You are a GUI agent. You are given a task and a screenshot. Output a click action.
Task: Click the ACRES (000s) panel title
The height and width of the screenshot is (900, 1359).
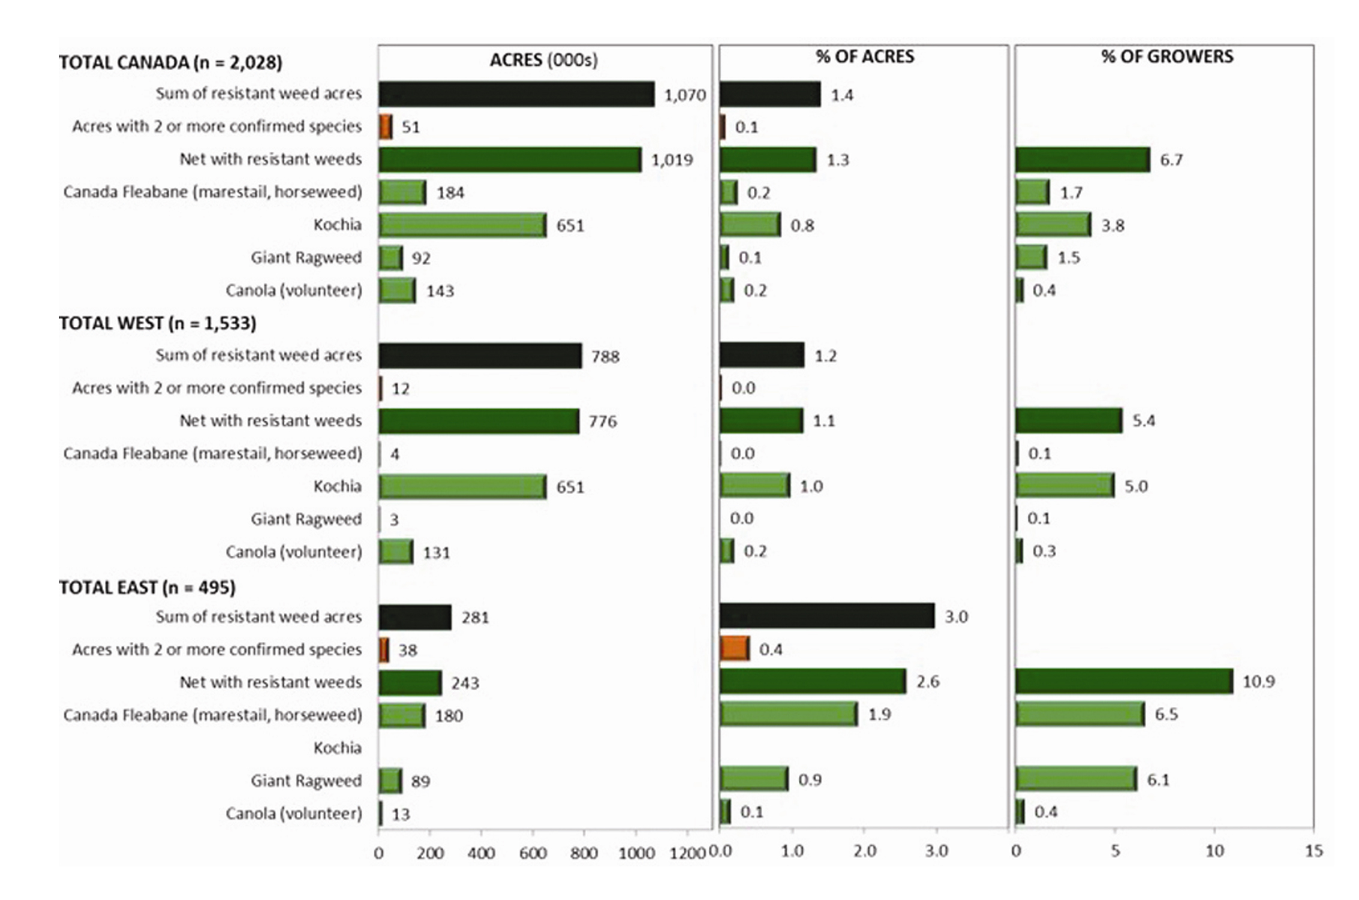(543, 60)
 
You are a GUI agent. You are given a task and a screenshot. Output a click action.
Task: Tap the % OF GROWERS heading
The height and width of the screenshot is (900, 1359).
(1166, 57)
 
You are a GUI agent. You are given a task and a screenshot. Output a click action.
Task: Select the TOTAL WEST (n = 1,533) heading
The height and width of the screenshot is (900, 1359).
(157, 323)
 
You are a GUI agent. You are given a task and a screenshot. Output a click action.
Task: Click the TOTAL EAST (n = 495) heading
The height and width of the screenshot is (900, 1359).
(147, 587)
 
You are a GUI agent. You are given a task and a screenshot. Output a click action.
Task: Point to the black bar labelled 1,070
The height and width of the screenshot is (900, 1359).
(516, 94)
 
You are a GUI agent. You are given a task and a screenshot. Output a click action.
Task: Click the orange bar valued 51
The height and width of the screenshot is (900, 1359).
(386, 127)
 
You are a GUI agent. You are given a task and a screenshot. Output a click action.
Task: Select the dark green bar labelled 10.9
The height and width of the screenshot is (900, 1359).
(1124, 681)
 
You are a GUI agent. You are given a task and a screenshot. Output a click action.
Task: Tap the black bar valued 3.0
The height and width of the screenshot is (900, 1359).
(827, 616)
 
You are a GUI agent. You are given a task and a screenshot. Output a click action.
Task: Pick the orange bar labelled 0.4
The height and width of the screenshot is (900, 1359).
(735, 649)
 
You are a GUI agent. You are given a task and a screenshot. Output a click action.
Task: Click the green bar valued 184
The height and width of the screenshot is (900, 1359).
(402, 192)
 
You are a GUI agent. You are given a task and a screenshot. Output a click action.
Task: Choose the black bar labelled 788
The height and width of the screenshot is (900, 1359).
(480, 356)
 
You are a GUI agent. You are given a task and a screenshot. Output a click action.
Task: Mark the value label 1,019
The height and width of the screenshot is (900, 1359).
(672, 160)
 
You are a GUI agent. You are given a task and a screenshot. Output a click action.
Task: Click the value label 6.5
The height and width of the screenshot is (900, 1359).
(1166, 715)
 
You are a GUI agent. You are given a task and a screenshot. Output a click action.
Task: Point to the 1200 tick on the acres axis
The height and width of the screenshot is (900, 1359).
(687, 852)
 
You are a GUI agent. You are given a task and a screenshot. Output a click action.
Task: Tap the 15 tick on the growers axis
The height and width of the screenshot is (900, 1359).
(1313, 851)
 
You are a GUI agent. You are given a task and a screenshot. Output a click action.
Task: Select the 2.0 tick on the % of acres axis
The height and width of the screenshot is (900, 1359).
(864, 851)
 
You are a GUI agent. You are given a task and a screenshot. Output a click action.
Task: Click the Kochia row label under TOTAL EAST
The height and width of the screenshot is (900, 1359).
(337, 748)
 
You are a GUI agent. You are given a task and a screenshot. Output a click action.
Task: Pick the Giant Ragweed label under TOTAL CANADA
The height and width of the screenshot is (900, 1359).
(306, 258)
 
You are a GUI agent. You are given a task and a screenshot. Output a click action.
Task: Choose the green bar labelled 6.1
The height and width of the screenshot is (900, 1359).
(1076, 779)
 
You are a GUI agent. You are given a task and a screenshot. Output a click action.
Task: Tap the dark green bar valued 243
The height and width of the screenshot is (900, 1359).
(410, 682)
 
